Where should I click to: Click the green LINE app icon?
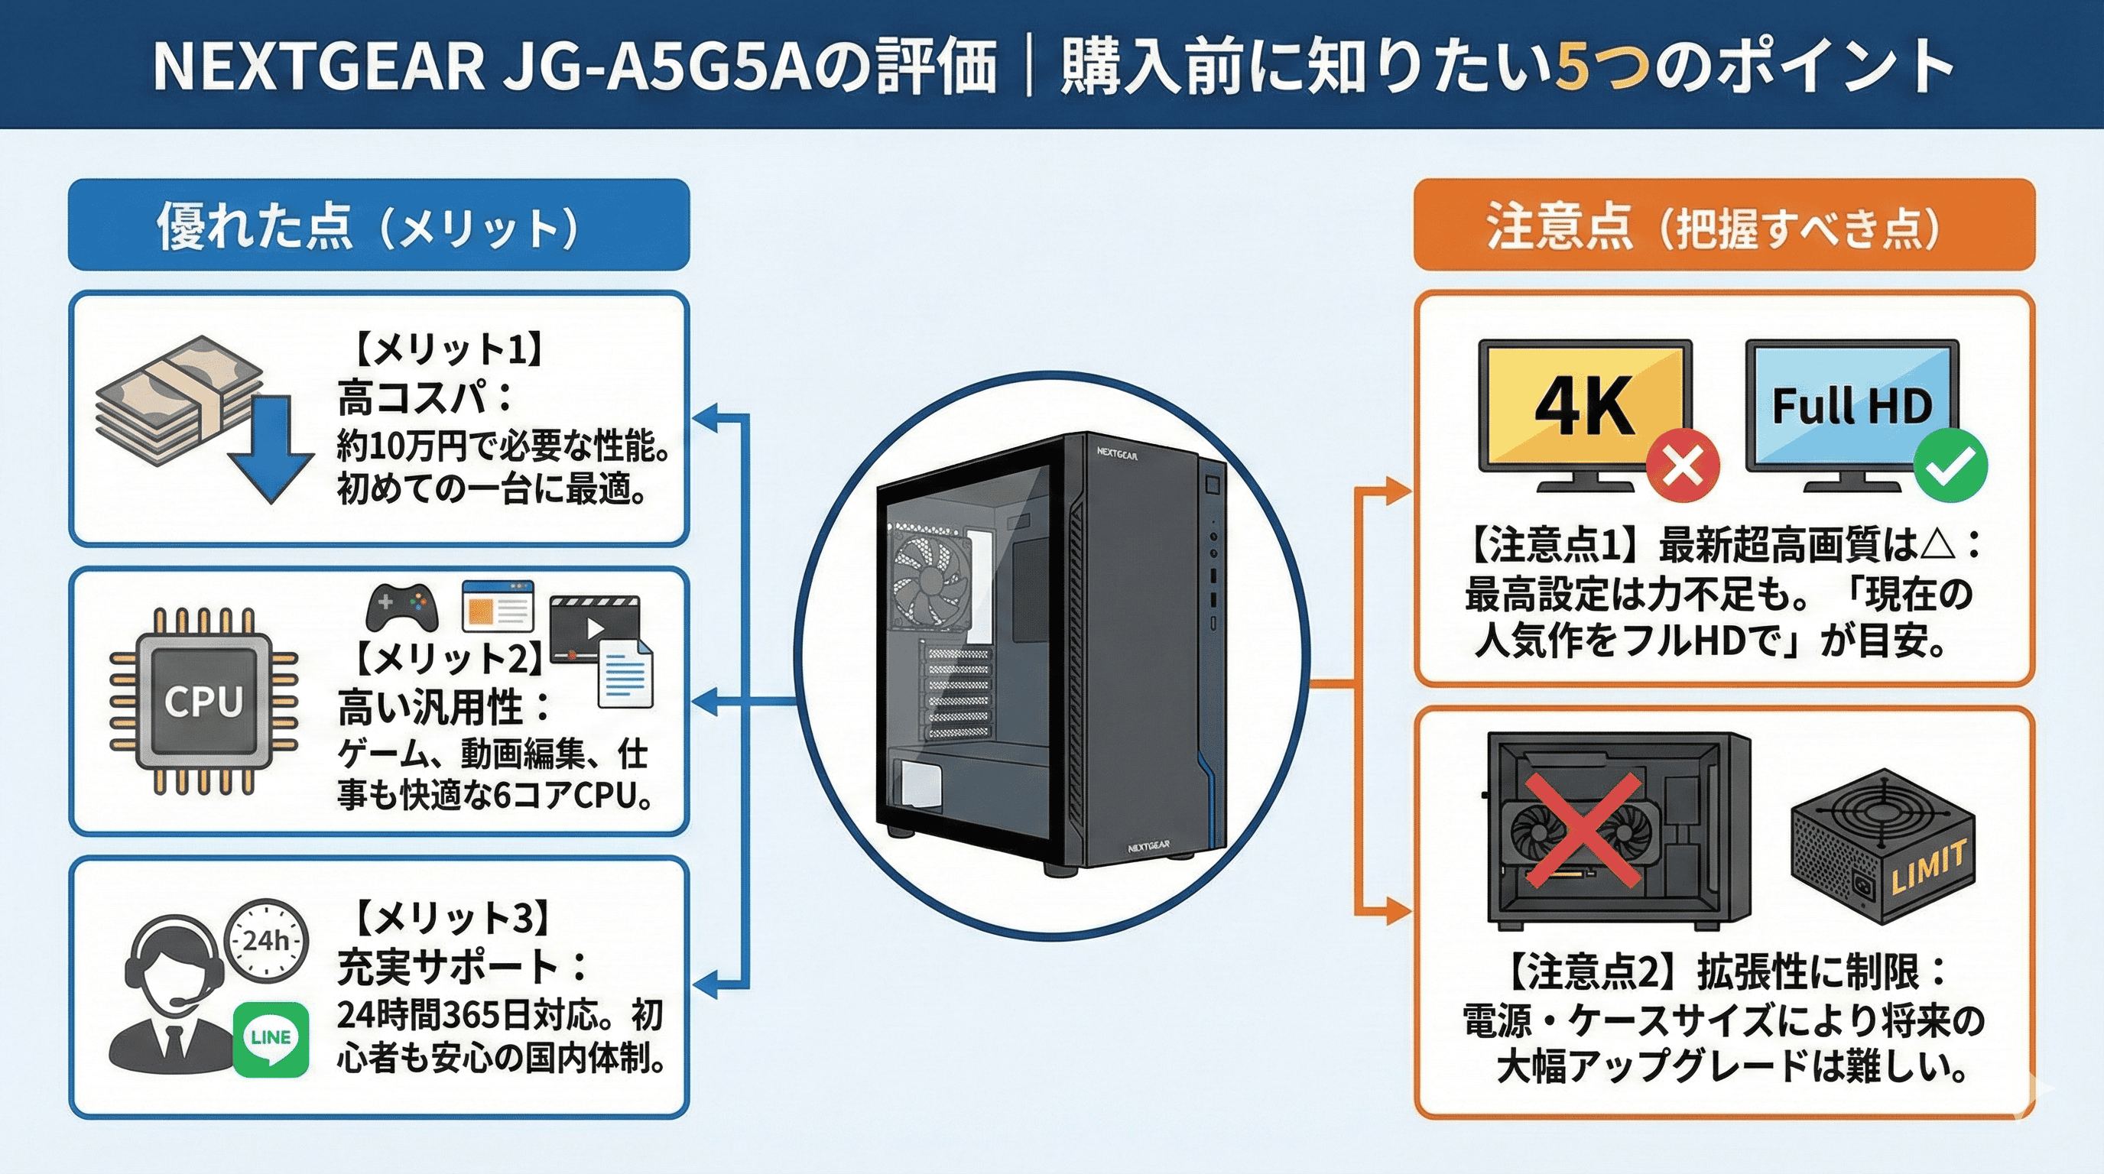[271, 1039]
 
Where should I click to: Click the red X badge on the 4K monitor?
[1683, 467]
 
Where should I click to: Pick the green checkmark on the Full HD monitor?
[1950, 467]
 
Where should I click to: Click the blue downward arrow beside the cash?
[271, 448]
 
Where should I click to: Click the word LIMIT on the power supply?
[1928, 867]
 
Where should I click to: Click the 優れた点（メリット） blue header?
[378, 225]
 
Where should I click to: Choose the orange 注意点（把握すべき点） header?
[1723, 225]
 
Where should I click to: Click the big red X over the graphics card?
[1582, 831]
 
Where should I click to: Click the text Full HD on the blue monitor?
[1852, 406]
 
